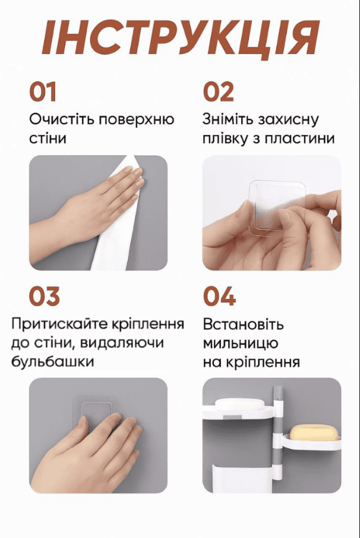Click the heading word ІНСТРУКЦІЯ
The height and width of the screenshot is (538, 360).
point(181,37)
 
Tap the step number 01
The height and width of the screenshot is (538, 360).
point(43,92)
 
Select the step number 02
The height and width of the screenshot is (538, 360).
point(219,92)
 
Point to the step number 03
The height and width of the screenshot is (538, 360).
point(44,296)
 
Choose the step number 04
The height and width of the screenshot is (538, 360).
point(219,296)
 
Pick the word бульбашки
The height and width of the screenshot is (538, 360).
point(53,361)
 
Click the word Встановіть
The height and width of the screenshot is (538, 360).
point(243,324)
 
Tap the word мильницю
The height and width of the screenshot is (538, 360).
point(241,344)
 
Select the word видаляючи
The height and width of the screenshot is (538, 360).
point(122,344)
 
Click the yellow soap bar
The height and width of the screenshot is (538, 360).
point(314,433)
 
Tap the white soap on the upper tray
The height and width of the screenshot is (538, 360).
point(239,404)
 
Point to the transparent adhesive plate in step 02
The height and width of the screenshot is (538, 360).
point(276,205)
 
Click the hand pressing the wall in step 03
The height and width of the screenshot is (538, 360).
point(86,453)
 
